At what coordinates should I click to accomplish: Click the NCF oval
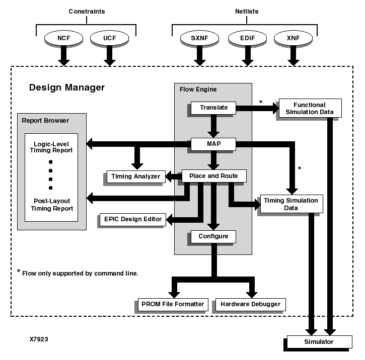click(63, 38)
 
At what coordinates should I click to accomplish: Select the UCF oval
click(109, 38)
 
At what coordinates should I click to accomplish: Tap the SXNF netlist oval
click(200, 38)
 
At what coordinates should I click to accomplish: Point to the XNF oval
click(293, 38)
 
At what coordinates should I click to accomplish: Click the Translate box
click(213, 107)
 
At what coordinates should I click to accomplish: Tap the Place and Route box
click(213, 175)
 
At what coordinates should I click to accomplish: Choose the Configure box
click(213, 236)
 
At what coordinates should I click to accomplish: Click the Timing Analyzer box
click(136, 176)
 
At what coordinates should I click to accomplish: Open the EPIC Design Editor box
click(133, 219)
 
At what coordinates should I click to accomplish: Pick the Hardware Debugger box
click(250, 304)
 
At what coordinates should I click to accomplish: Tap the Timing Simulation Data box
click(290, 204)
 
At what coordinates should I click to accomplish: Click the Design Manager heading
click(67, 87)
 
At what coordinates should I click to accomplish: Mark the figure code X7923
click(39, 339)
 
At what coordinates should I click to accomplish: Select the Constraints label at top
click(87, 11)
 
